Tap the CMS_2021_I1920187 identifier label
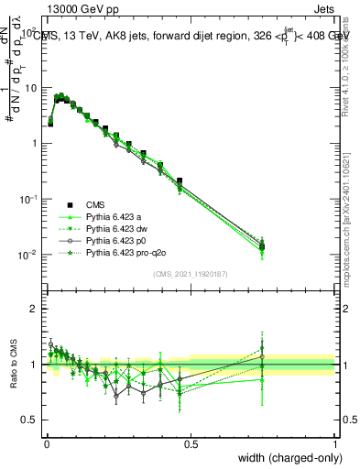pos(191,273)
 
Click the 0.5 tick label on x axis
pos(191,444)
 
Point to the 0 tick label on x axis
pos(46,444)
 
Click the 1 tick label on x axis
pos(334,444)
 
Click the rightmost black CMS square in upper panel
pos(263,246)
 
